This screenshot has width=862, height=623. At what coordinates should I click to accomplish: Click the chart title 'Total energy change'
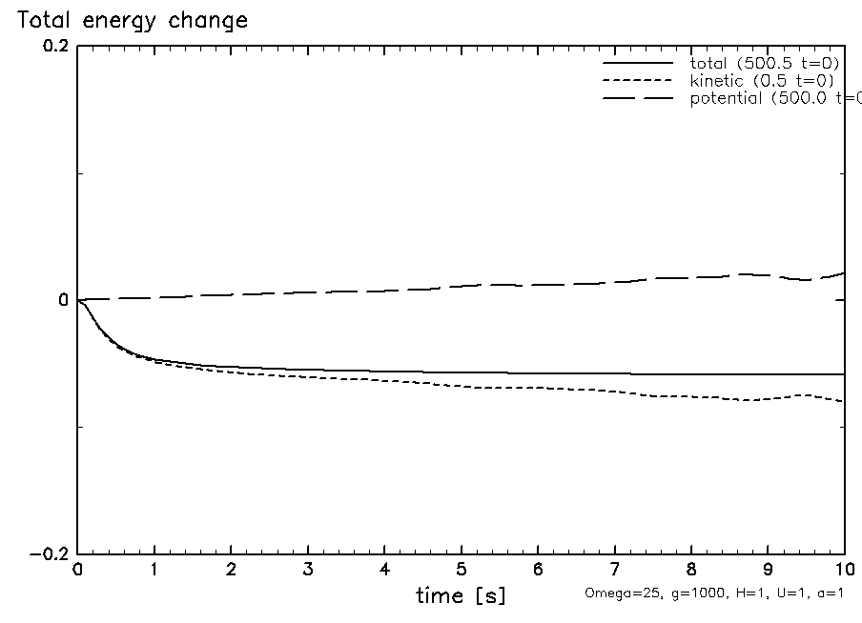point(133,20)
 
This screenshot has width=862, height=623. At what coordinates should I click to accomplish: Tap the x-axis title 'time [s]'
point(461,596)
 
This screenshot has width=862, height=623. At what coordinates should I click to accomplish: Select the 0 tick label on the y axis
point(63,301)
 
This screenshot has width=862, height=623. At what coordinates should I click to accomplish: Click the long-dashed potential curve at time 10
point(843,273)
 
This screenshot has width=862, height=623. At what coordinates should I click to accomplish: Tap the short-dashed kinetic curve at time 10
point(843,401)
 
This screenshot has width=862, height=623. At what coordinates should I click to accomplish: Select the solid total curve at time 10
point(843,374)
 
